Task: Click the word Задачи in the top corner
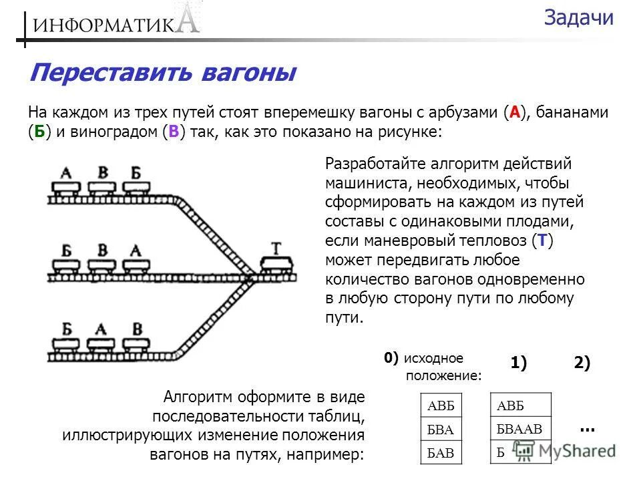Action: (x=578, y=18)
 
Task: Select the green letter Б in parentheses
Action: (x=39, y=131)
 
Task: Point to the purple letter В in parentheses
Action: (x=173, y=131)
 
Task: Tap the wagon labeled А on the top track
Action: (x=66, y=187)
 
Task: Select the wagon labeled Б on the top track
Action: (x=136, y=187)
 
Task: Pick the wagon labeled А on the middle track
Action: (x=136, y=265)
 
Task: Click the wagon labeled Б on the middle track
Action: (x=66, y=265)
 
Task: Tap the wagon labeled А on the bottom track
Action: (x=101, y=343)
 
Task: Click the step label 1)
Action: (x=519, y=363)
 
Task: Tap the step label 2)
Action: (x=582, y=363)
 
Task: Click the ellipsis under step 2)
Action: (x=587, y=428)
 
